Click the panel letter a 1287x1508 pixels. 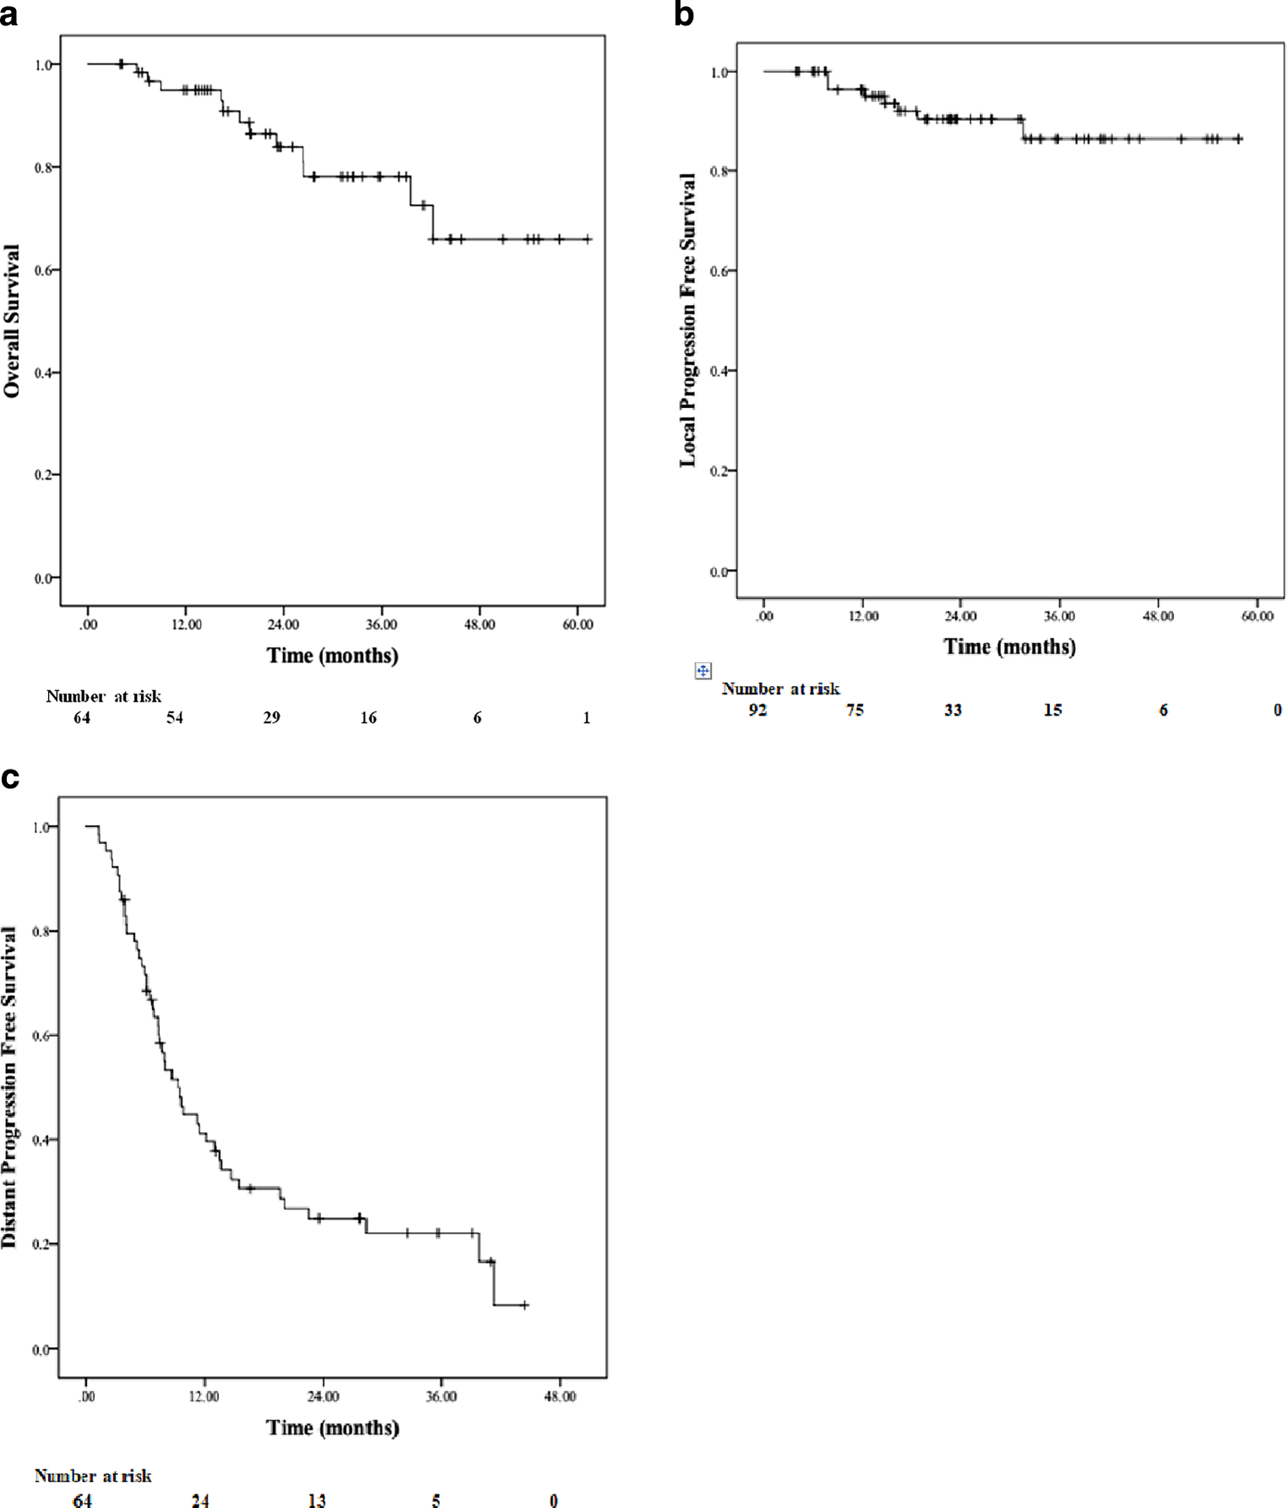coord(8,14)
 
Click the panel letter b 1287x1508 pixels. coord(684,14)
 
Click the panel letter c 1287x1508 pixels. coord(9,777)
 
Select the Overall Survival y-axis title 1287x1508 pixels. coord(12,321)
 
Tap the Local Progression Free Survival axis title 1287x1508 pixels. coord(688,319)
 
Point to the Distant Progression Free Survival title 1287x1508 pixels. coord(9,1087)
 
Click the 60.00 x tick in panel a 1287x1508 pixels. coord(578,624)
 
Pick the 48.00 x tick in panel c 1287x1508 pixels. coord(559,1396)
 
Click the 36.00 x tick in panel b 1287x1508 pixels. coord(1059,616)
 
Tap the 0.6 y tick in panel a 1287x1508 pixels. coord(43,270)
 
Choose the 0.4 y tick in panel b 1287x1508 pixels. coord(719,371)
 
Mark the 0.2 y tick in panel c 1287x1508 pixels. coord(41,1244)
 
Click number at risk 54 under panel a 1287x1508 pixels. coord(175,717)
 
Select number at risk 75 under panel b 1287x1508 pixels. coord(855,710)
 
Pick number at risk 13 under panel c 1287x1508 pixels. coord(317,1500)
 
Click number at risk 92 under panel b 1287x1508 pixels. coord(758,710)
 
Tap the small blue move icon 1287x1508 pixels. coord(703,671)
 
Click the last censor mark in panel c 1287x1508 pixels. coord(524,1305)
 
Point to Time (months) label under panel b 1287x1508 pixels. coord(1009,647)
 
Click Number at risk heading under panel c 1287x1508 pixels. coord(93,1476)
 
